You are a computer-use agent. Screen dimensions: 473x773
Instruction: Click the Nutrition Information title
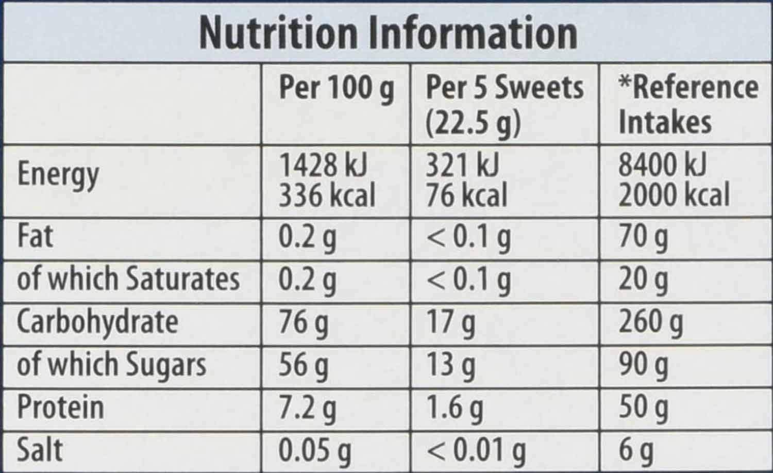388,33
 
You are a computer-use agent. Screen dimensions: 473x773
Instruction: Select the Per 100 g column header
336,89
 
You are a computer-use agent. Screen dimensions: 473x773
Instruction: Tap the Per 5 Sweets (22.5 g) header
504,105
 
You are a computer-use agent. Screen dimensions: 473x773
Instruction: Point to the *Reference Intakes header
687,105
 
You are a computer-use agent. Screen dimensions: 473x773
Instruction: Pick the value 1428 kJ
323,165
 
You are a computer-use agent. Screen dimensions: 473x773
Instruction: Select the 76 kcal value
466,195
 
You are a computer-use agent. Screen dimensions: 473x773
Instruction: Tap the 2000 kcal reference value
674,195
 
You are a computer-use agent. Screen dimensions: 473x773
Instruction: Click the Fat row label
35,236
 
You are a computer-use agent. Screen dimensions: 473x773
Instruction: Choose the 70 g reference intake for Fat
643,237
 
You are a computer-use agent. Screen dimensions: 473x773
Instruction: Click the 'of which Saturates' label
128,279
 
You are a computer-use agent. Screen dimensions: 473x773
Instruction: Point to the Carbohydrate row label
97,322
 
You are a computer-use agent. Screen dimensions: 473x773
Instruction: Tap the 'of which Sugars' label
111,365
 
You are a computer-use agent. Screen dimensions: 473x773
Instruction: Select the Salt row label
40,450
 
